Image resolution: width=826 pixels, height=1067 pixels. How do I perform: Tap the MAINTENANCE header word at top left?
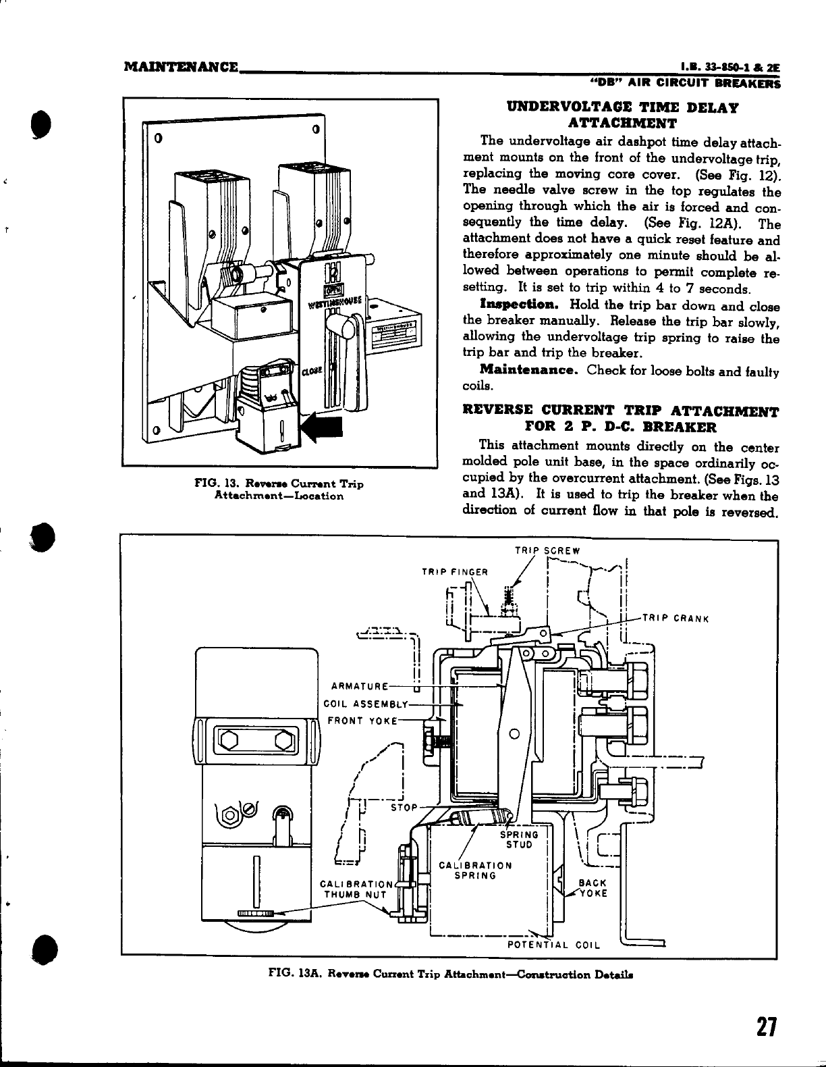182,68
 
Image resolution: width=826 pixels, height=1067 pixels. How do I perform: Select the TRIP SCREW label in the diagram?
547,550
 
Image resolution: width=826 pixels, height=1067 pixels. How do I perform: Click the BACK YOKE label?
593,887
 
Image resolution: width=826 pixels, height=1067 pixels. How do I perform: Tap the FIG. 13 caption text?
279,490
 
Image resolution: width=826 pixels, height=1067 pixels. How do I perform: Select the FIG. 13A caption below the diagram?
450,974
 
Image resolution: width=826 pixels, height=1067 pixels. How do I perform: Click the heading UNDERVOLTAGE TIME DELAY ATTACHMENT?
622,115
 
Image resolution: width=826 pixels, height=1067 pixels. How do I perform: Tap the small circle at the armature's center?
514,734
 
